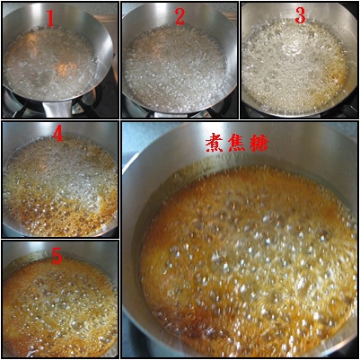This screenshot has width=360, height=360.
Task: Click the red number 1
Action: (x=50, y=20)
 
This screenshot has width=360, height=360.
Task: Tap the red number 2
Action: (x=180, y=17)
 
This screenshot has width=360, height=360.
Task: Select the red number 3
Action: (x=300, y=15)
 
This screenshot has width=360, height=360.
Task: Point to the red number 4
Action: (x=57, y=135)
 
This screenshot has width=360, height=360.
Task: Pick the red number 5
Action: (x=57, y=257)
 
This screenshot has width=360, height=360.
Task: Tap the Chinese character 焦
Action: (x=238, y=144)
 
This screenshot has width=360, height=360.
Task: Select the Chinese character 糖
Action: (x=259, y=144)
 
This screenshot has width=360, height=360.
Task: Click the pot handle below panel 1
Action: (x=57, y=109)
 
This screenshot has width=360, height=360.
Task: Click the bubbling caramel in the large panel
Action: (x=245, y=263)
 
